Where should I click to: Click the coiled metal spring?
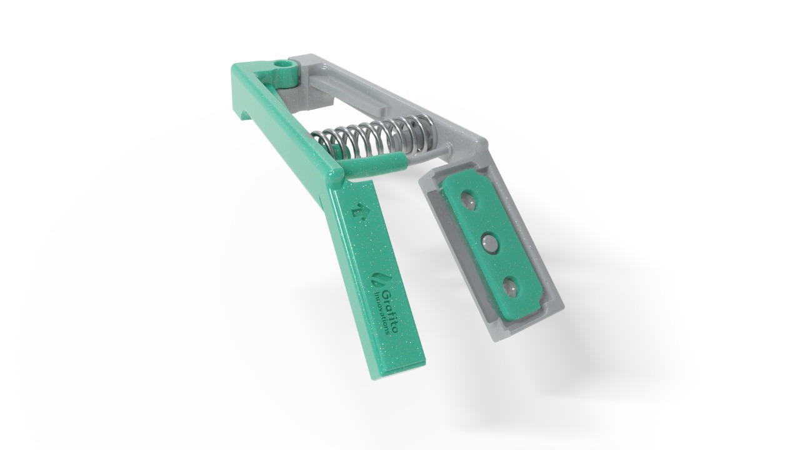point(375,134)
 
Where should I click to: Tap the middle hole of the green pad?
point(490,243)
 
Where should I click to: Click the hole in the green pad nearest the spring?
point(468,200)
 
